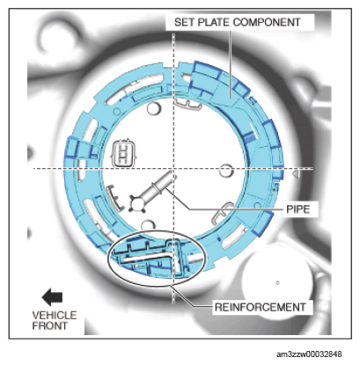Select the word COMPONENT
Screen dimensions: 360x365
(x=267, y=22)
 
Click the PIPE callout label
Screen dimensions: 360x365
(x=298, y=209)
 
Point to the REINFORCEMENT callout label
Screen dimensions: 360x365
(x=261, y=307)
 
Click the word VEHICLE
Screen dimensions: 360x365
(x=55, y=316)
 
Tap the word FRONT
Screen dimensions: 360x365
(x=49, y=325)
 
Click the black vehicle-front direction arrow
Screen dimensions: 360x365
(x=52, y=297)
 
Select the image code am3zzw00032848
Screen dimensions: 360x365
(x=309, y=354)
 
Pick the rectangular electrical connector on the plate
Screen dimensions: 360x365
(x=123, y=153)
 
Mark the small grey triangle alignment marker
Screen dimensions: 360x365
(x=297, y=174)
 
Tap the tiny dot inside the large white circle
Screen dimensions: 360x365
(x=277, y=282)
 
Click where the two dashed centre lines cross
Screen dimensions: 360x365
(x=174, y=169)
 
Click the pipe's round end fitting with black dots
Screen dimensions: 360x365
(x=136, y=203)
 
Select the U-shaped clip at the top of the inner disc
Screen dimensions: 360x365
(x=188, y=105)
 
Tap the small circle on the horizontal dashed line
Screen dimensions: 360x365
(x=226, y=171)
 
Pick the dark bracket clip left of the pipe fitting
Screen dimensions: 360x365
(x=115, y=197)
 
